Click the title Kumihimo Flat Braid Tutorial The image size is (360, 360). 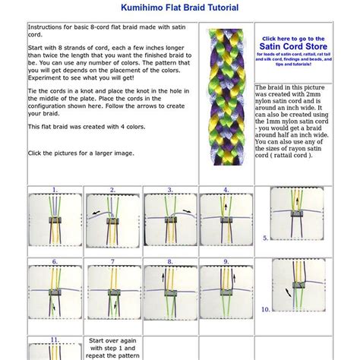pos(179,8)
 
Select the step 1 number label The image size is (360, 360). pos(54,190)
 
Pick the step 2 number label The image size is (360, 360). pos(112,190)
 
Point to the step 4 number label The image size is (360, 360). pos(226,190)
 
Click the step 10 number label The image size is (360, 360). pos(266,309)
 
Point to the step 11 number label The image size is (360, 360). pos(54,338)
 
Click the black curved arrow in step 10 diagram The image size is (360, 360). pos(287,292)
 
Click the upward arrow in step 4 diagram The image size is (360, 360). pos(220,220)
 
